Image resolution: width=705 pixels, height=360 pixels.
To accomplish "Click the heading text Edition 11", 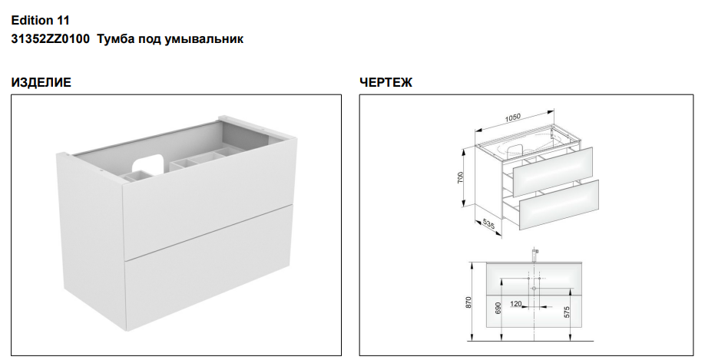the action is click(41, 20).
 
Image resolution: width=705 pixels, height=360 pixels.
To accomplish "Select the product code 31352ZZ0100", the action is click(51, 38).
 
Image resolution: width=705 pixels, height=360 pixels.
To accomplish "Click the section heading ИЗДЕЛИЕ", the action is click(41, 82).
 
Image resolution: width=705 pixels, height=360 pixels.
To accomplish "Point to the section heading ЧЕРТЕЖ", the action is click(386, 82).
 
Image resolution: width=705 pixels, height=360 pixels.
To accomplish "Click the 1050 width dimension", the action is click(512, 117).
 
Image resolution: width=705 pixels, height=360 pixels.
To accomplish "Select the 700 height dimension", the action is click(460, 178).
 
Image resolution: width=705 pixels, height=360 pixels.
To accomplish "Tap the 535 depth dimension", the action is click(488, 223).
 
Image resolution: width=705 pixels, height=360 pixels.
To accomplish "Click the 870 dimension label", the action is click(468, 302).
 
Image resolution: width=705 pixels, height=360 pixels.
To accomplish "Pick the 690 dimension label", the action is click(498, 309).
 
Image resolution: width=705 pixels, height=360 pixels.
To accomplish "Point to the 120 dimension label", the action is click(516, 304).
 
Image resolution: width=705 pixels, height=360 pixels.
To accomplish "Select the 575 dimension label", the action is click(566, 312).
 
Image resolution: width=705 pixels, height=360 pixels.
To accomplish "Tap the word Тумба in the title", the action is click(112, 38).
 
